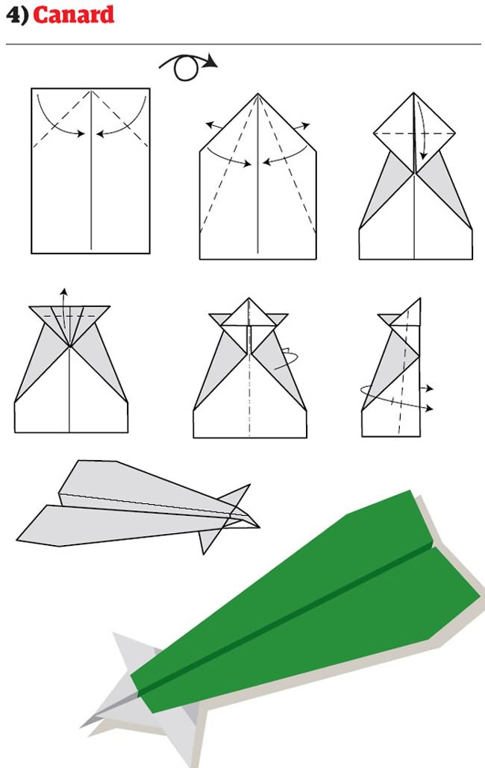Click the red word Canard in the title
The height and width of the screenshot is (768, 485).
tap(74, 15)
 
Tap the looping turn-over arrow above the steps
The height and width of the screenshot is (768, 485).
tap(187, 66)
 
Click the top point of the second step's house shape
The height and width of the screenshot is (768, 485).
tap(257, 95)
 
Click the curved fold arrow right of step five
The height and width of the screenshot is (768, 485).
tap(286, 358)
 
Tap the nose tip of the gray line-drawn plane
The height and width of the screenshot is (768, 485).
tap(257, 527)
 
